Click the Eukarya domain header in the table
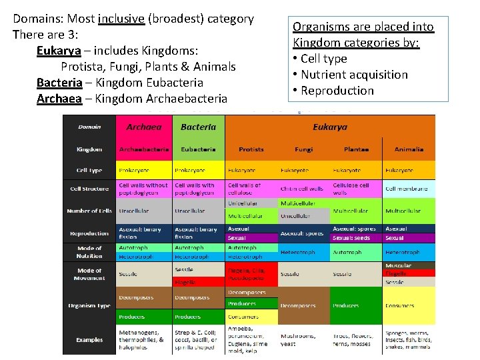click(x=330, y=127)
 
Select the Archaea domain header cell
click(x=145, y=127)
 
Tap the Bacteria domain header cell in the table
click(x=198, y=127)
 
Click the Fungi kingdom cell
click(x=304, y=149)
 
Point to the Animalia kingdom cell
click(x=409, y=149)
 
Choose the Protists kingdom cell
click(x=251, y=149)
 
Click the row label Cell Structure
click(x=89, y=189)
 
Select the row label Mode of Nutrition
click(x=89, y=251)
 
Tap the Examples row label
click(x=89, y=339)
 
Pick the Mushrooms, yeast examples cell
click(x=303, y=339)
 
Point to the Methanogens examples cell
click(x=143, y=339)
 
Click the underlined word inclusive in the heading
click(x=121, y=19)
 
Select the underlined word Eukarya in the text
click(x=59, y=51)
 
